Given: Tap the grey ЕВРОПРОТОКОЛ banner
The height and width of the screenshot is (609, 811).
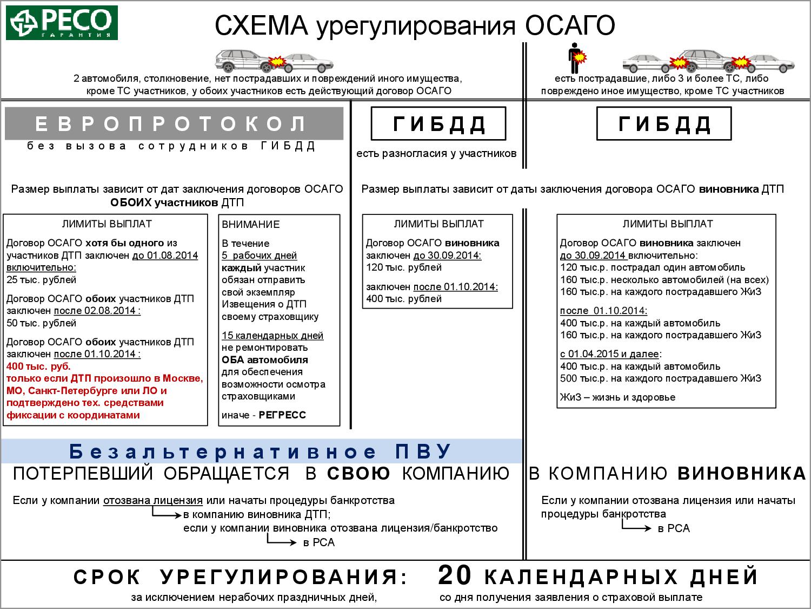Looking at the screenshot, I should click(174, 124).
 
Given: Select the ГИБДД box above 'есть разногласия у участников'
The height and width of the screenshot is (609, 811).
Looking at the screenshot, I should click(438, 124).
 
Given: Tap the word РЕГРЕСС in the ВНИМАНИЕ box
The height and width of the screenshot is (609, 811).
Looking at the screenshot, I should click(282, 415).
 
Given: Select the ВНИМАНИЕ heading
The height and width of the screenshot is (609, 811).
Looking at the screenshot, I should click(251, 224).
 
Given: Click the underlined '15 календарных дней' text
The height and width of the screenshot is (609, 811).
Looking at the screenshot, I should click(272, 336).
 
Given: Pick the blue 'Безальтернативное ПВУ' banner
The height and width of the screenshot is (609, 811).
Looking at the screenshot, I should click(261, 451).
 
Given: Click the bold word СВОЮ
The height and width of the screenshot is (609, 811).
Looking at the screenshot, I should click(358, 474).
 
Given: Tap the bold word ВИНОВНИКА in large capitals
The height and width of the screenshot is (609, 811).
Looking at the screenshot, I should click(741, 474).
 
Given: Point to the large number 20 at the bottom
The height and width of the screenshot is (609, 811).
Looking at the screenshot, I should click(455, 575).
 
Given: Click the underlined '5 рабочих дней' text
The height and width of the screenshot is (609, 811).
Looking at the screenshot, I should click(259, 256).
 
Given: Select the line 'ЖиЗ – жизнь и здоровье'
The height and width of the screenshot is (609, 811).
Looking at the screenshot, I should click(617, 397).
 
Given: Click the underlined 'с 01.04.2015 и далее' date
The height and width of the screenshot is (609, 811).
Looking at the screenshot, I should click(610, 354).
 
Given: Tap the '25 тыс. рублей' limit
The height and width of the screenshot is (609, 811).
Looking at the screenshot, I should click(42, 280).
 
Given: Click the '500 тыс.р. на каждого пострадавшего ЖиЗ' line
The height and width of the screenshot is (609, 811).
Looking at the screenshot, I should click(661, 378).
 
